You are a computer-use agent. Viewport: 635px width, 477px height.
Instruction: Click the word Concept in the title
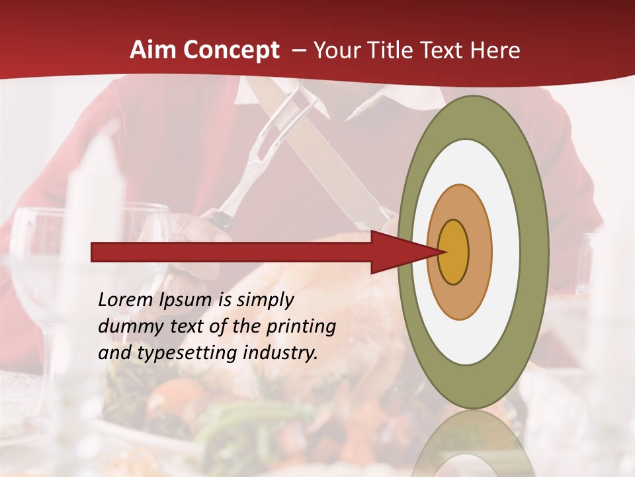click(x=232, y=50)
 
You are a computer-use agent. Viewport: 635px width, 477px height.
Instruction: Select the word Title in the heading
click(x=397, y=50)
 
